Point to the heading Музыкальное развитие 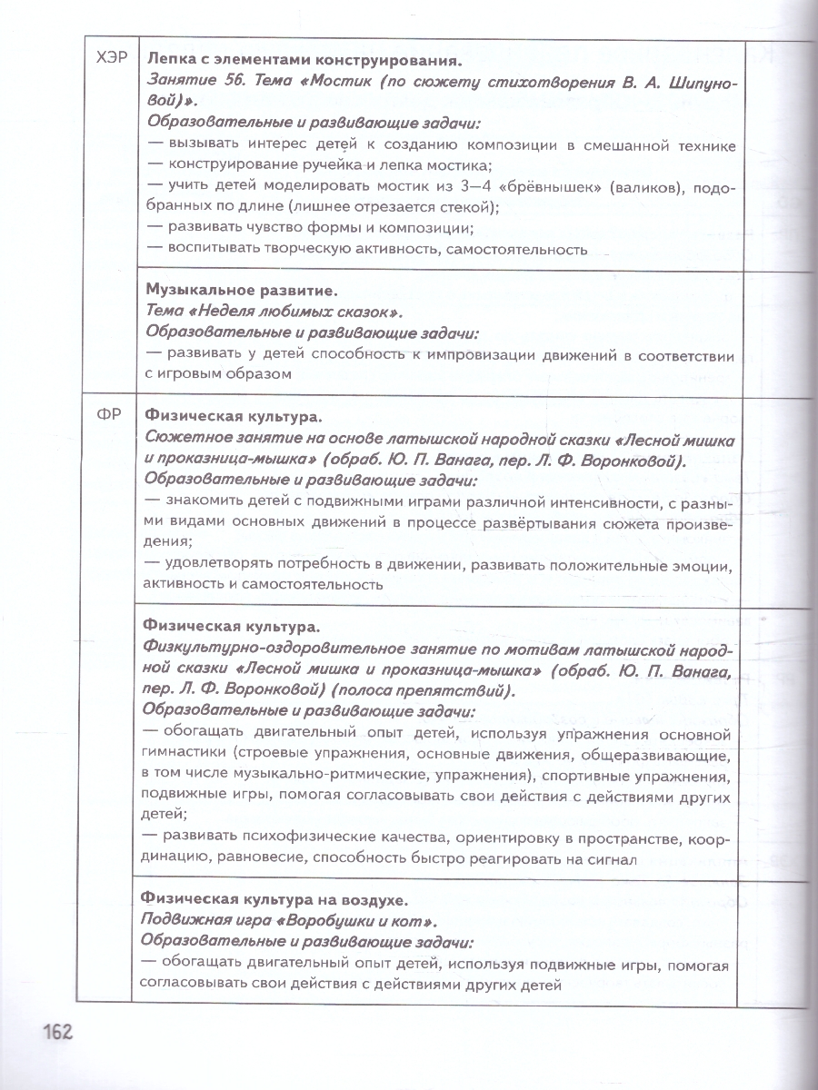241,291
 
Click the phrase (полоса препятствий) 436,690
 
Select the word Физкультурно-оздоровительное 277,649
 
